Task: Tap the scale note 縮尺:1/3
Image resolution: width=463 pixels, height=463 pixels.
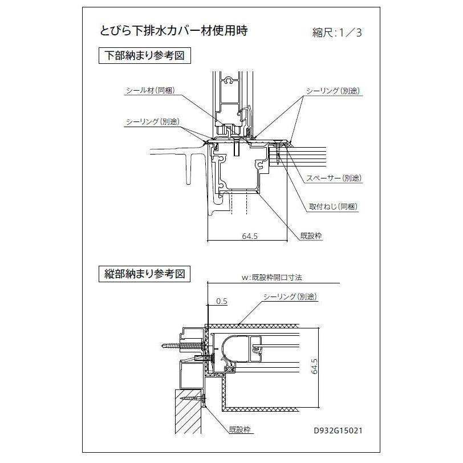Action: coord(337,32)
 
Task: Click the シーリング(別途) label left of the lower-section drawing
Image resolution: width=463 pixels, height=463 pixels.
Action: coord(153,122)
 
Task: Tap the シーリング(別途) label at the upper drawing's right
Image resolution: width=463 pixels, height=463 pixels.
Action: coord(333,91)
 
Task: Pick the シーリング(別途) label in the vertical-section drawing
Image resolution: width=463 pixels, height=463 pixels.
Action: coord(290,297)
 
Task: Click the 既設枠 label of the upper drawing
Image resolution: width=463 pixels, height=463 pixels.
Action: coord(311,234)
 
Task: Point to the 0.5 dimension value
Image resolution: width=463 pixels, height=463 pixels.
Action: coord(221,300)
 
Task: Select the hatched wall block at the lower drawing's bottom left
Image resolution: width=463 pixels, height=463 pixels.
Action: coord(188,410)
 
